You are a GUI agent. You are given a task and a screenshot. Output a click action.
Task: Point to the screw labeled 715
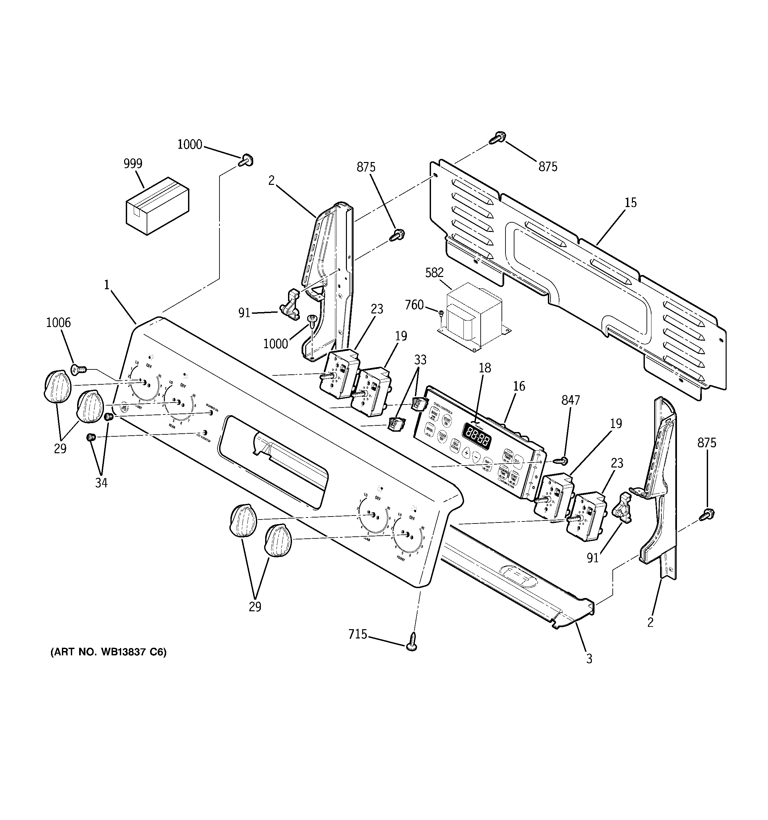411,646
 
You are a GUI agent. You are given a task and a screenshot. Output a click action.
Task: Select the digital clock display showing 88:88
477,437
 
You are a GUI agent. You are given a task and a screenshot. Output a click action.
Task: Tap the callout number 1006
58,323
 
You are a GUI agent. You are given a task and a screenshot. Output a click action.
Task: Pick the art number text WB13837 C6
109,664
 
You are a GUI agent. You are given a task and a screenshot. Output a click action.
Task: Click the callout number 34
101,483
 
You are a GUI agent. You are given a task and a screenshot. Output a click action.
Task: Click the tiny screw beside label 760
441,313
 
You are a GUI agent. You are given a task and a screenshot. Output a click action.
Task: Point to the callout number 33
420,360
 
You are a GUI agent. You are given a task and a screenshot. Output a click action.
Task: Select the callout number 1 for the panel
107,285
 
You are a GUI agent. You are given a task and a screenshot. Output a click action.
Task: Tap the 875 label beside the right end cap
706,443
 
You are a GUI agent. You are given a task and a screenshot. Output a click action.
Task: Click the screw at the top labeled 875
498,138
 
